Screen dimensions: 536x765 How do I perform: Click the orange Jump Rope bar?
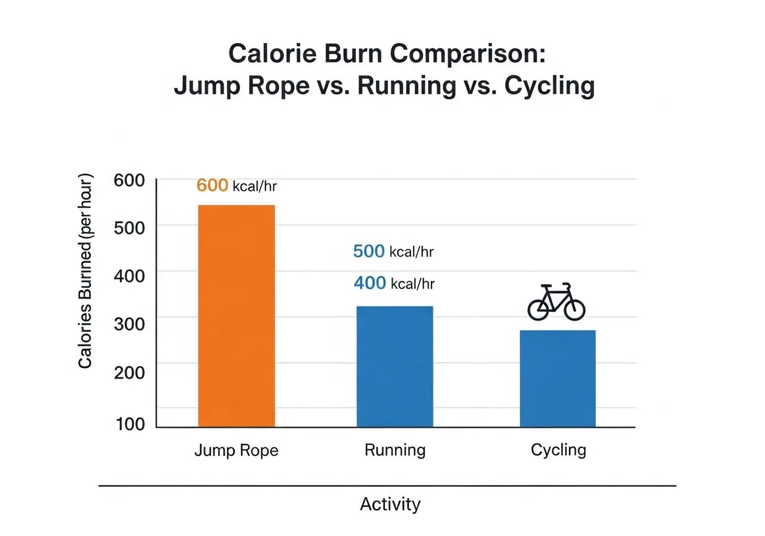pyautogui.click(x=236, y=316)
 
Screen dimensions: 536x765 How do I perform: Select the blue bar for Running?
pyautogui.click(x=394, y=366)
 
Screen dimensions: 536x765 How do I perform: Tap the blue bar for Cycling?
pyautogui.click(x=558, y=378)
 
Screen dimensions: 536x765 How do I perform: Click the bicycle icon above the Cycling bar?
pyautogui.click(x=556, y=302)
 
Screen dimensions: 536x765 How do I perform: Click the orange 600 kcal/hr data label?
pyautogui.click(x=237, y=186)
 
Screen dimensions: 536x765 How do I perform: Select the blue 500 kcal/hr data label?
pyautogui.click(x=393, y=251)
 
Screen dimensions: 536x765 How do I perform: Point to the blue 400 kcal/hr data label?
pyautogui.click(x=394, y=283)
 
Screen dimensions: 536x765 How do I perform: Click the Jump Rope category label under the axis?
pyautogui.click(x=236, y=450)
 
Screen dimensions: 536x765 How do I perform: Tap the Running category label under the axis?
pyautogui.click(x=394, y=450)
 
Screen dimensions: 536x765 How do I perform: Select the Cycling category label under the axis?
pyautogui.click(x=558, y=450)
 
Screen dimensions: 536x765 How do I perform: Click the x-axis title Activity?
pyautogui.click(x=390, y=504)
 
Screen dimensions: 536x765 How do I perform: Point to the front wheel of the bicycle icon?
pyautogui.click(x=574, y=309)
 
